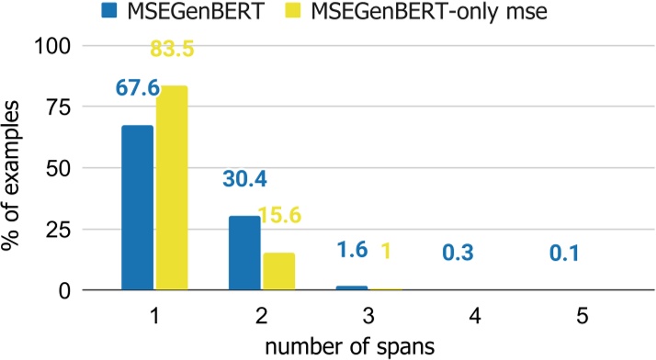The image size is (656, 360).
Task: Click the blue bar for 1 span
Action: click(138, 208)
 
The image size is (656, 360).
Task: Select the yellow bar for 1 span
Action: click(172, 188)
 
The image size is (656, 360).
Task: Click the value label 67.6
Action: click(137, 88)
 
